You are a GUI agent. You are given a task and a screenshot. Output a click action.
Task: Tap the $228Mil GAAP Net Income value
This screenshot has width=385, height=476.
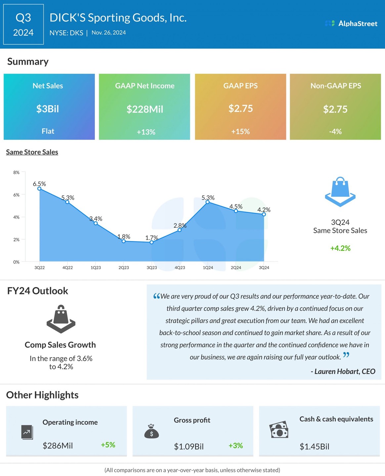click(145, 109)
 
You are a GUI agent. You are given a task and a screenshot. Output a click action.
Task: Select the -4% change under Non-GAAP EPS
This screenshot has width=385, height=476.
click(335, 132)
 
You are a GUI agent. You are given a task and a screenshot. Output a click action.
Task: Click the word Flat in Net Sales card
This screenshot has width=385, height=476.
click(48, 131)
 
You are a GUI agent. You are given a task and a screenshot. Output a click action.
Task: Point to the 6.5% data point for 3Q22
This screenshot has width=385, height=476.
click(39, 189)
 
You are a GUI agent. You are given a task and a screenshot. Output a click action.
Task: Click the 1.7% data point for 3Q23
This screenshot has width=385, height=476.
click(151, 242)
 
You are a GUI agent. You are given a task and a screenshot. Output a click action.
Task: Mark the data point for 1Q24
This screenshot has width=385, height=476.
click(208, 202)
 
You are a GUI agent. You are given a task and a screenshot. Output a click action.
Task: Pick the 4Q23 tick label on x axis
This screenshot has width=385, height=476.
click(180, 267)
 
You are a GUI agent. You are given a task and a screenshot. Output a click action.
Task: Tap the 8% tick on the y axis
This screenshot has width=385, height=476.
click(16, 173)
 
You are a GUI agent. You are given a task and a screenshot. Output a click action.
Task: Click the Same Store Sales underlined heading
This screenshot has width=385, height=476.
click(32, 152)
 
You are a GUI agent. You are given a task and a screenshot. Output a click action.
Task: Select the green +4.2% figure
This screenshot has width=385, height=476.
click(340, 248)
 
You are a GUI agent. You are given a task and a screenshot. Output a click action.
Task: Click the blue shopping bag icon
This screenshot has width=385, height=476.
click(340, 192)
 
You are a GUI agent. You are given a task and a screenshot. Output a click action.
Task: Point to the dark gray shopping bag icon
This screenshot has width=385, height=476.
click(61, 319)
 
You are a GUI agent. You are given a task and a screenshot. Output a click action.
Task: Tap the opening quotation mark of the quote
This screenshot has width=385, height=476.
click(156, 296)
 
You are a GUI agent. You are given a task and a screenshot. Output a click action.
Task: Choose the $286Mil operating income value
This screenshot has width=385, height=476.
click(58, 446)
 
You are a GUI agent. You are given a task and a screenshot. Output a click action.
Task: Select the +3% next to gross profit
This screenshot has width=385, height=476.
click(235, 446)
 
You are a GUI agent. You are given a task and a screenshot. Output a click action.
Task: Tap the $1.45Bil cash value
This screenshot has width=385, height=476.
click(314, 447)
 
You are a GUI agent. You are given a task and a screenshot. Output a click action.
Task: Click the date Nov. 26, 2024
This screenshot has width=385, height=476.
click(108, 33)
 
